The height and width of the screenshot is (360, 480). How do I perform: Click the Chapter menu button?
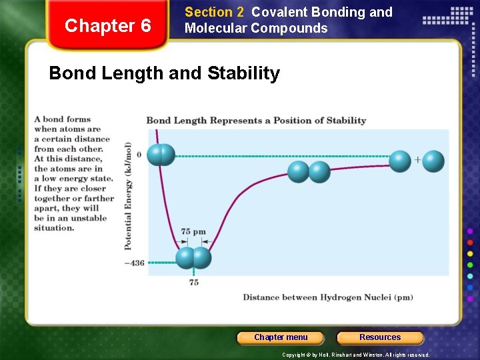[281, 337]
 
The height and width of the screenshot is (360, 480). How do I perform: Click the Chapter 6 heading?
[108, 26]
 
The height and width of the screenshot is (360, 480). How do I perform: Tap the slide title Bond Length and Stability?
[165, 73]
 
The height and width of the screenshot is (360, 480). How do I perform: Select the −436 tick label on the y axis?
[134, 263]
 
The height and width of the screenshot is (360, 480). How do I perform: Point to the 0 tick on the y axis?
[139, 155]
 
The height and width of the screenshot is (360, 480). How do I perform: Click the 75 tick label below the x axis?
[193, 283]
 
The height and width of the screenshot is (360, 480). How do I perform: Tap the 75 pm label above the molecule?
[193, 232]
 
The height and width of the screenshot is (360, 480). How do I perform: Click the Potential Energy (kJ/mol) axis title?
[128, 196]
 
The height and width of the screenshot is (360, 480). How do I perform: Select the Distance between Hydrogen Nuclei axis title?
[327, 297]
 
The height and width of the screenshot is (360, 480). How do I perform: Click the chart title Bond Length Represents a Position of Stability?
[256, 121]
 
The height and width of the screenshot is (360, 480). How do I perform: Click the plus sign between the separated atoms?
[418, 160]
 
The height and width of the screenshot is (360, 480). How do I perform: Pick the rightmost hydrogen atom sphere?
[433, 161]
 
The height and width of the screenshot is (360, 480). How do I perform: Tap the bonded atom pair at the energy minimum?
[193, 258]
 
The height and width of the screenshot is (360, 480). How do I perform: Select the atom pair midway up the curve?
[309, 172]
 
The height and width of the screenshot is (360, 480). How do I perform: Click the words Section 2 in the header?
[214, 12]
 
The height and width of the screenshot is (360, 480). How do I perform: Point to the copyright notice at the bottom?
[355, 355]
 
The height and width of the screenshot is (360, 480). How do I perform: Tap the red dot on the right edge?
[471, 243]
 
